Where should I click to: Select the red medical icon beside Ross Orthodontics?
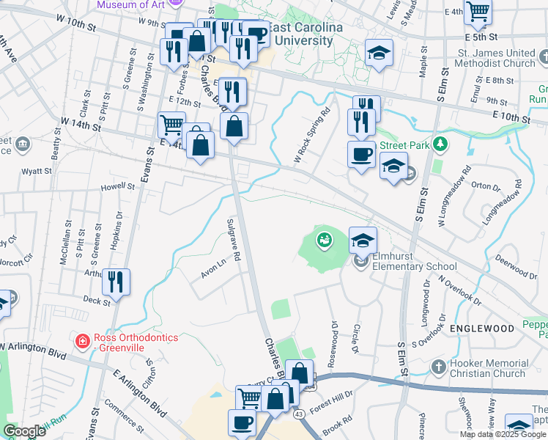coord(83,341)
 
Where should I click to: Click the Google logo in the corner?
coord(24,430)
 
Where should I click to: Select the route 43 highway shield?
coord(300,414)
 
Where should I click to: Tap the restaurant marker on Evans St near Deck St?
coord(116,282)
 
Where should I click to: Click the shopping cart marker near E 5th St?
coord(478,12)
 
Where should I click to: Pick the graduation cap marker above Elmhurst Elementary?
coord(363,240)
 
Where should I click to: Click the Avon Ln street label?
coord(213,270)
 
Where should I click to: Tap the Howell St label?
coord(118,188)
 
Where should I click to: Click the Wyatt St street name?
coord(37,171)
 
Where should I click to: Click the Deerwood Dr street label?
coord(516,267)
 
